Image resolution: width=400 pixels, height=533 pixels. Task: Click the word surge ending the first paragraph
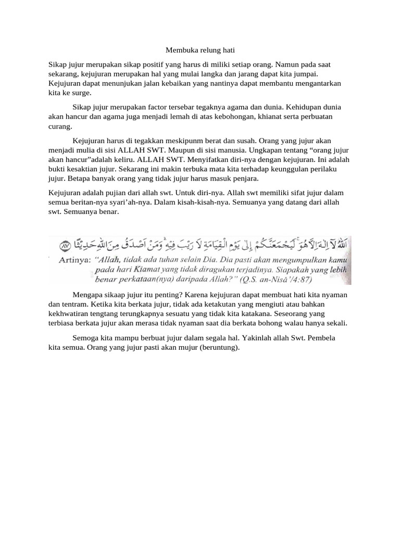(x=81, y=93)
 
